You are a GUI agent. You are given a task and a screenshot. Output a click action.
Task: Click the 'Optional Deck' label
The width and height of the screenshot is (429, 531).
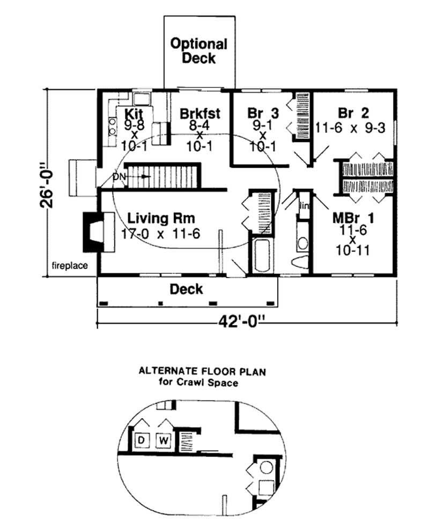click(x=199, y=51)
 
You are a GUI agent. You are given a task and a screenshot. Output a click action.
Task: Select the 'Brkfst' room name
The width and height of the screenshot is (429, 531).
click(x=200, y=114)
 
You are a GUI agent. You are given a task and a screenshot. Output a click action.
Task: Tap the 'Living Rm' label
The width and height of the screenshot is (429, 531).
click(x=161, y=219)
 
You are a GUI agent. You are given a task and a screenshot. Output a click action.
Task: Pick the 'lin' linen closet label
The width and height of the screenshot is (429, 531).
click(x=304, y=205)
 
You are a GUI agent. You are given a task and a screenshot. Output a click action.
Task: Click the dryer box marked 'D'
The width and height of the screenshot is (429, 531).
click(x=142, y=440)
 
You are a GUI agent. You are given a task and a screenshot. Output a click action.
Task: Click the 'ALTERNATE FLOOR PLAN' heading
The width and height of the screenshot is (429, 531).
click(x=202, y=370)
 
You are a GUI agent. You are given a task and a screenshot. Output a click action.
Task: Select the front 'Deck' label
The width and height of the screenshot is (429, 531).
click(x=186, y=289)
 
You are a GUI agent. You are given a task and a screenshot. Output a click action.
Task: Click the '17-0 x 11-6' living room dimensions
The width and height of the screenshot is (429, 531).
click(x=161, y=234)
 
